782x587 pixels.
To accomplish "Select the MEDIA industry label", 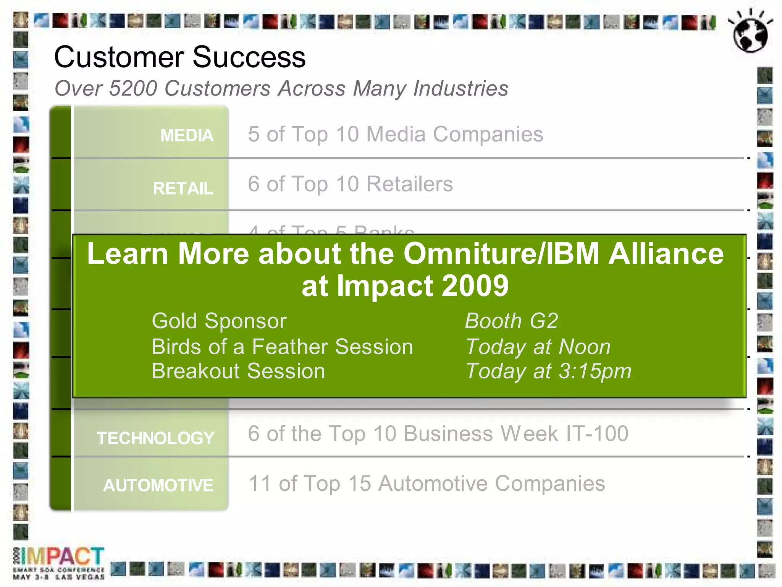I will click(187, 135).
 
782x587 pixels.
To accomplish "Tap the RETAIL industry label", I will click(183, 188).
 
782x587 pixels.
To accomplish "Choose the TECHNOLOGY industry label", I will click(155, 438).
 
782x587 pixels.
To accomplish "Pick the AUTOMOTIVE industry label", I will click(158, 485).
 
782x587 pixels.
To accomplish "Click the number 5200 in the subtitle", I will click(133, 89).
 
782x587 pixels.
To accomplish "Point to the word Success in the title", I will click(249, 57).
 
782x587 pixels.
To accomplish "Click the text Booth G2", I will click(511, 321).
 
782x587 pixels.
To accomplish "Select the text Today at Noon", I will click(538, 347).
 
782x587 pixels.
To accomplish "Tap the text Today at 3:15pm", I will click(548, 371).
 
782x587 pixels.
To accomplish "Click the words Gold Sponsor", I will click(219, 321).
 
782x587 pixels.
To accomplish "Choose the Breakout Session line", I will click(238, 371).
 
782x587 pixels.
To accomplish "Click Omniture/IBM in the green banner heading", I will click(501, 254).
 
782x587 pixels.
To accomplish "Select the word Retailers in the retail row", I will click(409, 184).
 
